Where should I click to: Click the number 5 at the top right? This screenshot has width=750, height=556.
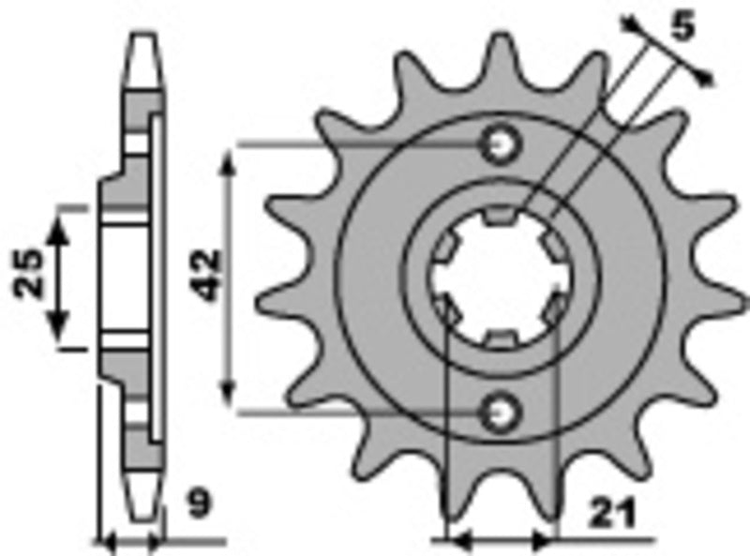point(683,29)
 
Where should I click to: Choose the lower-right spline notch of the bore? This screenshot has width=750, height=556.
point(553,308)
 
